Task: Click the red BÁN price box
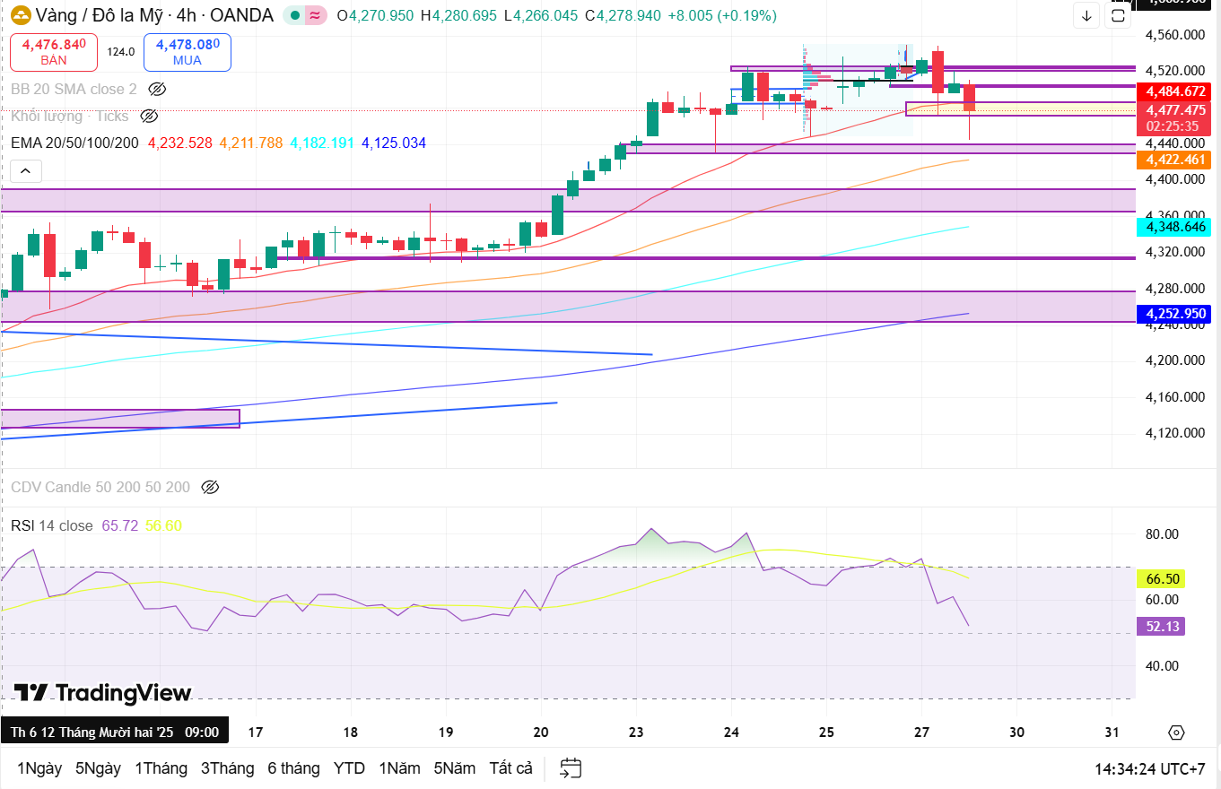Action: (x=54, y=52)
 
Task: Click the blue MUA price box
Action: (x=187, y=52)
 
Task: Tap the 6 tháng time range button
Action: (x=293, y=768)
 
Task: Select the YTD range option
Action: (x=349, y=768)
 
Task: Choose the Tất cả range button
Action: (x=511, y=768)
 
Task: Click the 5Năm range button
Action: (x=454, y=768)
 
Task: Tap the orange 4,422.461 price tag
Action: (x=1173, y=160)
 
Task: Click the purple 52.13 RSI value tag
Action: (x=1162, y=627)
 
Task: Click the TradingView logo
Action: (x=102, y=693)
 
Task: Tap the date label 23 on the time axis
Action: (x=636, y=732)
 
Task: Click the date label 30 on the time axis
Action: (x=1016, y=732)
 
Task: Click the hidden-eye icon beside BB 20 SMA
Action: (x=157, y=89)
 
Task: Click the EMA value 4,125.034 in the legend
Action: (x=394, y=143)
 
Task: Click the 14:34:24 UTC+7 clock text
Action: (x=1149, y=768)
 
